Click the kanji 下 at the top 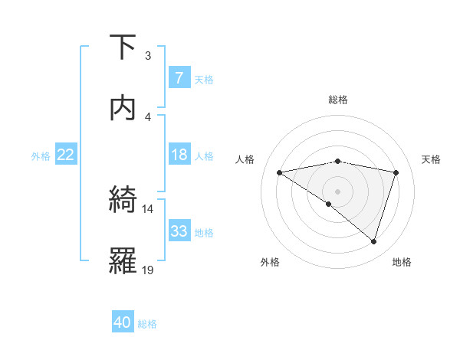click(x=123, y=47)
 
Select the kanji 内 click(x=123, y=108)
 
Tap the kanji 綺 click(x=123, y=200)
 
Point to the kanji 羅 click(x=123, y=261)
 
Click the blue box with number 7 click(x=179, y=77)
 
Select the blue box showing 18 click(x=179, y=155)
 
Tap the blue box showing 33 click(x=179, y=231)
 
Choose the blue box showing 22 click(x=66, y=155)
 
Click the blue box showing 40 click(x=123, y=322)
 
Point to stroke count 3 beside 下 click(x=148, y=55)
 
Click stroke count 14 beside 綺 click(x=147, y=208)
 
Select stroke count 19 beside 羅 click(x=147, y=270)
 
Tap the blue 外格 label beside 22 click(x=41, y=155)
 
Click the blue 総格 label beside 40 click(x=147, y=324)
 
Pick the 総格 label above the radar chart click(x=338, y=100)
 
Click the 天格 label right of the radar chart click(x=432, y=159)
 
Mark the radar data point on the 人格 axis click(x=280, y=172)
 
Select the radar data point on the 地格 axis click(x=373, y=241)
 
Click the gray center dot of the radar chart click(x=338, y=191)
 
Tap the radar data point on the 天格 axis click(x=396, y=172)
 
